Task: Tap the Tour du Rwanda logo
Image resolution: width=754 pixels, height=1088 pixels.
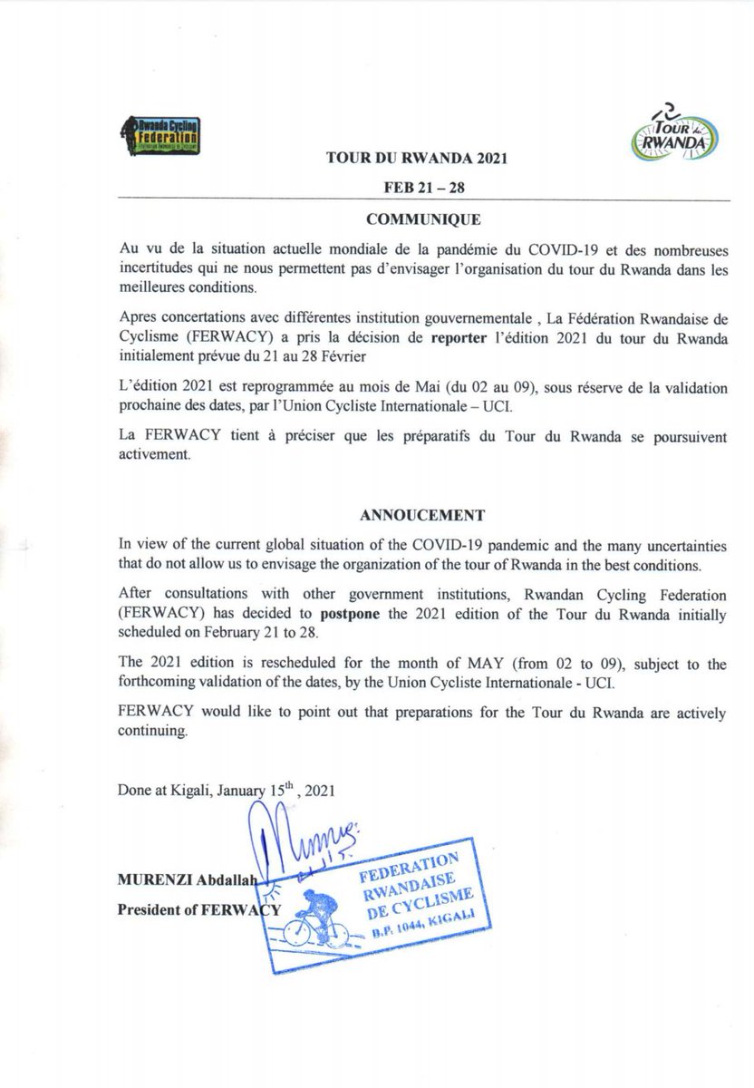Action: pyautogui.click(x=672, y=132)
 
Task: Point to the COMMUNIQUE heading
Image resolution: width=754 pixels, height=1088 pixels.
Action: pyautogui.click(x=418, y=219)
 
